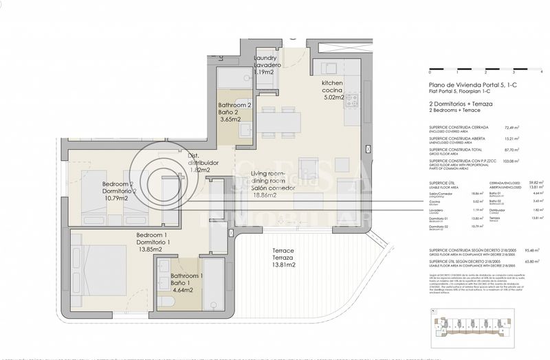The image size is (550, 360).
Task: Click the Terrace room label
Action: point(283,250)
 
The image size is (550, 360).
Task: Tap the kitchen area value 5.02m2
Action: point(333,98)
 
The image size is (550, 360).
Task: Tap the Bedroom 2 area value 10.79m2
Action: point(118,199)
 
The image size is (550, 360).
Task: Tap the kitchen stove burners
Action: point(353,104)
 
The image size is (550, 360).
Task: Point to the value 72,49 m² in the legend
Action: point(511,127)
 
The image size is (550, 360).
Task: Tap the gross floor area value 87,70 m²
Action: point(511,149)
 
